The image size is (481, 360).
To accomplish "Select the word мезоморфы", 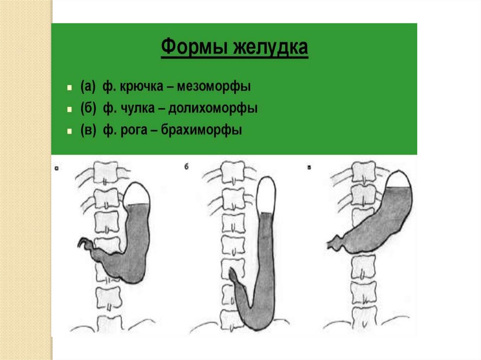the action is (221, 87).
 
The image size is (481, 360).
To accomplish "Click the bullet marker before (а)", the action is (69, 88).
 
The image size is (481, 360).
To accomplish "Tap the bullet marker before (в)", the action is (69, 131).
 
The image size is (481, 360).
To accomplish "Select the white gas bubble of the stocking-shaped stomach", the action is (266, 194).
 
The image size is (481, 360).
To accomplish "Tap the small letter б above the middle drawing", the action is (186, 167).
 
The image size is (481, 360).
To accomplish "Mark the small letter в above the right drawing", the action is (308, 167).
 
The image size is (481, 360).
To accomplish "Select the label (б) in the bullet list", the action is (88, 108).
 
